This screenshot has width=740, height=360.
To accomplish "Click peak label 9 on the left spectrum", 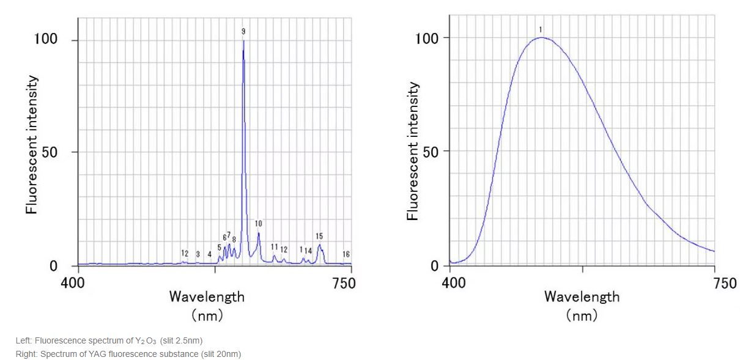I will pos(243,31).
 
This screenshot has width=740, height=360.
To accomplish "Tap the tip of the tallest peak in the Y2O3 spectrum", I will pos(243,41).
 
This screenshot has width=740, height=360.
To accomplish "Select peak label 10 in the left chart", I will pos(259,224).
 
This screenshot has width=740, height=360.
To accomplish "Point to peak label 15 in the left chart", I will pos(319,236).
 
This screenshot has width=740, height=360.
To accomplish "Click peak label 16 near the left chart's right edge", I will pos(346,254).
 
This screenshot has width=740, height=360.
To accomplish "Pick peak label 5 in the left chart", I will pos(220,248).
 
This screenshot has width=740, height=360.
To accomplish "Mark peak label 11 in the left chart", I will pos(275,247).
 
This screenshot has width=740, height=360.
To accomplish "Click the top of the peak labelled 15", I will pos(319,245).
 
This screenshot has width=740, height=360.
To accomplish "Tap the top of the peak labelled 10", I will pos(259,233).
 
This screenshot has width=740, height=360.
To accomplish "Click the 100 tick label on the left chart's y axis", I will pos(46,40).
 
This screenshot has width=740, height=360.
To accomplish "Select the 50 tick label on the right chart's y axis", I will pos(429,152).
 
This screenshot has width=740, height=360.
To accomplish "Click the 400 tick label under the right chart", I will pos(453,283).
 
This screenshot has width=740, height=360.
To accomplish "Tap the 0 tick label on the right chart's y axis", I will pos(435,266).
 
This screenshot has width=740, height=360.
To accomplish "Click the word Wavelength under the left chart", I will pos(207,297).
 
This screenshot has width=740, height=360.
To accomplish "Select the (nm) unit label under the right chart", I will pos(582,315).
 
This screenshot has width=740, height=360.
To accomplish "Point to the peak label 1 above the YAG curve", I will pos(541,29).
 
